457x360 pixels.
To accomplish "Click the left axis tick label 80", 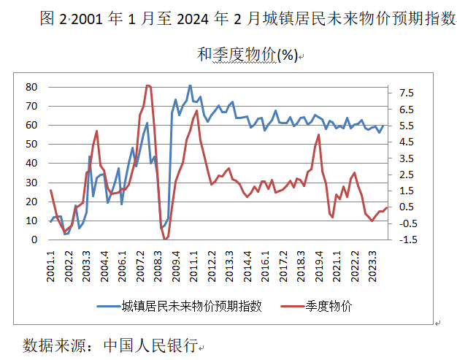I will pos(31,86).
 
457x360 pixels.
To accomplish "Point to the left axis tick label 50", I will pos(31,144).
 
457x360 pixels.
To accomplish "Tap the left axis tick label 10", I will pos(31,221).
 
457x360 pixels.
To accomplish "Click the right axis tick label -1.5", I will pos(407,240).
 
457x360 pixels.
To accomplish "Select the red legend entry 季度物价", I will pos(329,306).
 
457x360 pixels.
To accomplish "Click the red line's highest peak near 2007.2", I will pos(148,85).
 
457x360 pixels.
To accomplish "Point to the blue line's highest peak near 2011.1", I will pos(191,85).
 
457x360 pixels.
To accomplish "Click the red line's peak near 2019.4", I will pos(319,135).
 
